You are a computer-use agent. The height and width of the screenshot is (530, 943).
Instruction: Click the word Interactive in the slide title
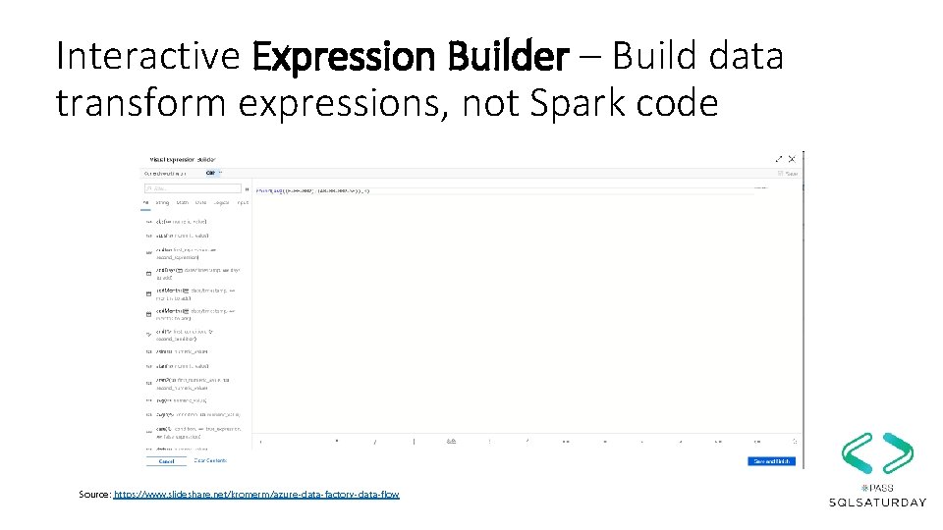click(147, 57)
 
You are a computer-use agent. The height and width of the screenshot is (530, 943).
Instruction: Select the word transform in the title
click(156, 102)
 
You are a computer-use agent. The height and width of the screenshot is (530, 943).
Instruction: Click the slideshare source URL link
click(256, 494)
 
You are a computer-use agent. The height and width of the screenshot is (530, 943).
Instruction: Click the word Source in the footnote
click(94, 494)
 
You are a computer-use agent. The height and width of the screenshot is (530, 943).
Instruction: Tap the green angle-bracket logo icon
click(877, 453)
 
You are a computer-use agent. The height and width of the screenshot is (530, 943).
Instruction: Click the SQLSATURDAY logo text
click(877, 503)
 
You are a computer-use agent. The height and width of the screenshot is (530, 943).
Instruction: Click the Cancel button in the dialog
click(166, 461)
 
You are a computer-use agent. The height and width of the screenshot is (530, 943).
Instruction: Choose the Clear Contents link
click(210, 460)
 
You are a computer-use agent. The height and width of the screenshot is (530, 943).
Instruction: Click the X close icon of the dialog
click(792, 158)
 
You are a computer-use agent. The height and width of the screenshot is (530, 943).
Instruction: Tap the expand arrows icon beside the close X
click(779, 158)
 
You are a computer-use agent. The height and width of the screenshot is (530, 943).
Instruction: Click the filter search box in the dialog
click(194, 188)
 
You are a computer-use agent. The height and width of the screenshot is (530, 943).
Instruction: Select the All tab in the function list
click(146, 203)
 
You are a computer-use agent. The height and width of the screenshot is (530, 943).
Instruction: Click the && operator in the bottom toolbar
click(450, 442)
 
